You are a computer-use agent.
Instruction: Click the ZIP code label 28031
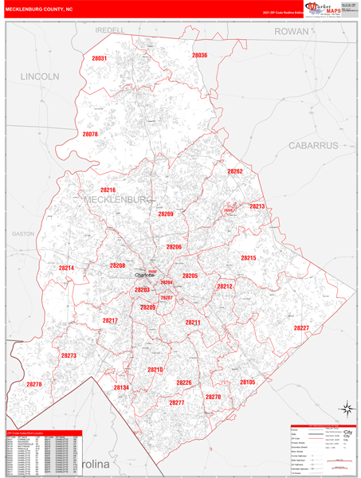pos(100,59)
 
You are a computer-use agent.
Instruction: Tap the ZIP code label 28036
pos(199,56)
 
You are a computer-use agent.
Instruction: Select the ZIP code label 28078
pos(89,134)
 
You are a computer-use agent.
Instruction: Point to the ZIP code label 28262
pos(234,171)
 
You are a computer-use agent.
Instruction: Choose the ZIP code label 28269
pos(165,214)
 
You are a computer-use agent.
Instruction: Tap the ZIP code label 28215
pos(249,258)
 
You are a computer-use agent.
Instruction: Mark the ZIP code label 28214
pos(66,268)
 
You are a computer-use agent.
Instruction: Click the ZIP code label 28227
pos(301,328)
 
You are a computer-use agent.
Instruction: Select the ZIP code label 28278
pos(33,384)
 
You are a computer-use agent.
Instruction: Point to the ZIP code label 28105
pos(247,382)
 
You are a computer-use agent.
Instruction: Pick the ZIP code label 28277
pos(177,402)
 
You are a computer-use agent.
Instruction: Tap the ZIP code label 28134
pos(121,387)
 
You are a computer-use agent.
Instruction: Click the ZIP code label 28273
pos(69,355)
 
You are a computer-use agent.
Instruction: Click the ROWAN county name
pos(291,31)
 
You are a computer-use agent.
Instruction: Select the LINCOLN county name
pos(40,76)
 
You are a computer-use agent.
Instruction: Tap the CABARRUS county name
pos(313,145)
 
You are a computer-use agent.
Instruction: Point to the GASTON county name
pos(24,234)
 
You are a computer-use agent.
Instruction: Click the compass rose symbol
pos(346,409)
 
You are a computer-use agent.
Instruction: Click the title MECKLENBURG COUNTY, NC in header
pos(44,11)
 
